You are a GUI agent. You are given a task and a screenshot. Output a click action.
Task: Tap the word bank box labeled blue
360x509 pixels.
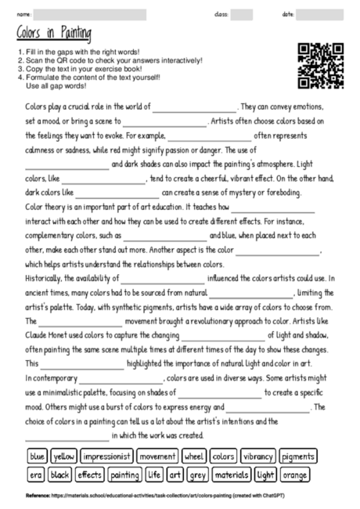coord(38,456)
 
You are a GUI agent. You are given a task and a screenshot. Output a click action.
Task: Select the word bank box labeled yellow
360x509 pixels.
coord(64,456)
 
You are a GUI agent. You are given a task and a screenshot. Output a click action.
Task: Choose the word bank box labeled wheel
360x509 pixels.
coord(193,456)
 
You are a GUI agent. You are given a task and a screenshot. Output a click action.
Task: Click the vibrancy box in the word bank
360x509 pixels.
coord(257,456)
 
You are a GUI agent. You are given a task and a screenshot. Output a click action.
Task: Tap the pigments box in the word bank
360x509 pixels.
coord(297,456)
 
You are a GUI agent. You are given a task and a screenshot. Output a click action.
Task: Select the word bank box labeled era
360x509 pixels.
coord(36,475)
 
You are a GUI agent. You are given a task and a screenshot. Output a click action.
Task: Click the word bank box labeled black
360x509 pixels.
coord(60,475)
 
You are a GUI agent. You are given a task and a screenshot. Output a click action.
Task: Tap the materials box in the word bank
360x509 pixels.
coord(231,475)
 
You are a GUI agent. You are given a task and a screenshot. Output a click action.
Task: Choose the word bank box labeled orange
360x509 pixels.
coord(295,475)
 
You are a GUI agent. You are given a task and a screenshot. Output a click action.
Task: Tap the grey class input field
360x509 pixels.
coord(242,15)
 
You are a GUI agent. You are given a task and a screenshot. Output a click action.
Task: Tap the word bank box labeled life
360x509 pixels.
coord(154,475)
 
